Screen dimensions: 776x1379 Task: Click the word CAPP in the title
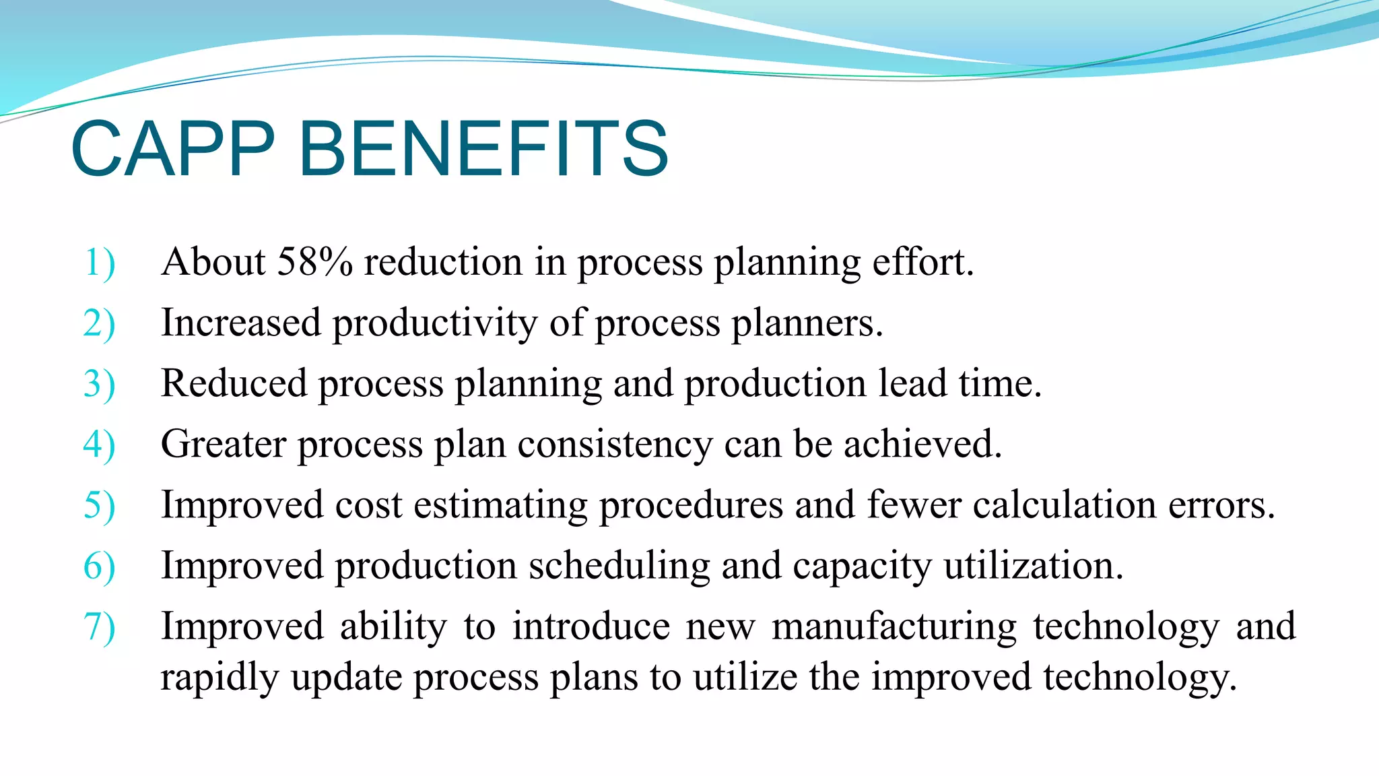point(173,149)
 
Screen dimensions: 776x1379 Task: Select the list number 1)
point(99,263)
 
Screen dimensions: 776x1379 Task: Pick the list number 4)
point(99,445)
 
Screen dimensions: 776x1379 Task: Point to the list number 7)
point(99,626)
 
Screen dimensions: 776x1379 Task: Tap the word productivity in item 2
point(434,323)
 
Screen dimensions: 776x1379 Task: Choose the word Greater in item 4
point(224,444)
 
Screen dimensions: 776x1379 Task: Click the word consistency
point(614,445)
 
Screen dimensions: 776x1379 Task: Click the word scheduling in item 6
point(619,566)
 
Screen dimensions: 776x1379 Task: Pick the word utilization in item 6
point(1033,566)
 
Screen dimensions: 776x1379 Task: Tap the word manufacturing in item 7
point(894,626)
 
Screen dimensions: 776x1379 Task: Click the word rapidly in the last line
point(220,678)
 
